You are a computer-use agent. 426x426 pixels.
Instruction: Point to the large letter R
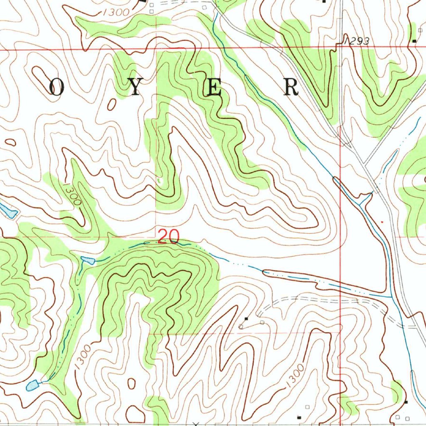pyautogui.click(x=291, y=88)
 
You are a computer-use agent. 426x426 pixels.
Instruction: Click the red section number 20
pyautogui.click(x=168, y=237)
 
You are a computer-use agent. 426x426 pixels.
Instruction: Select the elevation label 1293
pyautogui.click(x=356, y=41)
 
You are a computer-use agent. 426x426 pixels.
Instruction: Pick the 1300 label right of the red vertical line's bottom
pyautogui.click(x=295, y=376)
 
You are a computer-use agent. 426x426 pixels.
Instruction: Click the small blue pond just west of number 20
pyautogui.click(x=88, y=260)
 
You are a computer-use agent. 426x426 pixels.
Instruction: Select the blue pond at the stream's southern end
pyautogui.click(x=32, y=385)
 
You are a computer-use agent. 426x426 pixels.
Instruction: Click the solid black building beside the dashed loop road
pyautogui.click(x=246, y=319)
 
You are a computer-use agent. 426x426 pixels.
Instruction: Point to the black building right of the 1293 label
pyautogui.click(x=414, y=41)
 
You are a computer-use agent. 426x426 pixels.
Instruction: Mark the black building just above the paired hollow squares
pyautogui.click(x=406, y=402)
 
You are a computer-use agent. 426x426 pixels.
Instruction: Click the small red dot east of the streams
pyautogui.click(x=382, y=222)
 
